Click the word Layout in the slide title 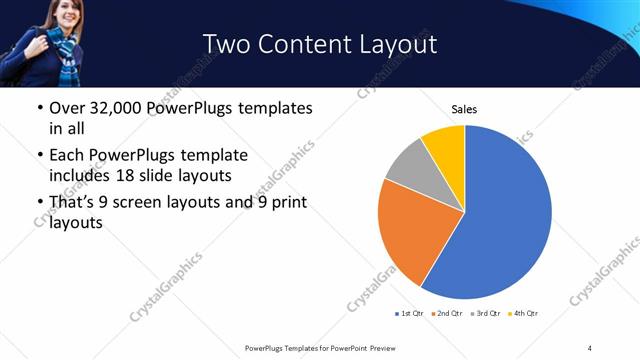point(396,44)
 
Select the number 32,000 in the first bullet point(117,108)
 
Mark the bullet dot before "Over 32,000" point(40,108)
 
